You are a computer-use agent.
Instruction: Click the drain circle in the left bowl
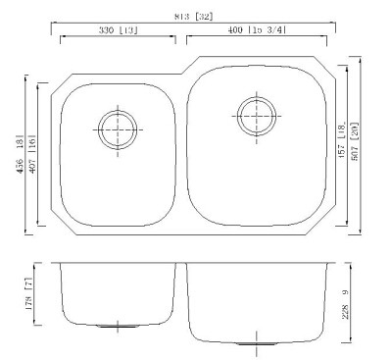pos(118,126)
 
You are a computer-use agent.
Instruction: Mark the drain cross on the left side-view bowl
pos(119,325)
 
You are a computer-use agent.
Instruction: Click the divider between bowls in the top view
pos(182,147)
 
